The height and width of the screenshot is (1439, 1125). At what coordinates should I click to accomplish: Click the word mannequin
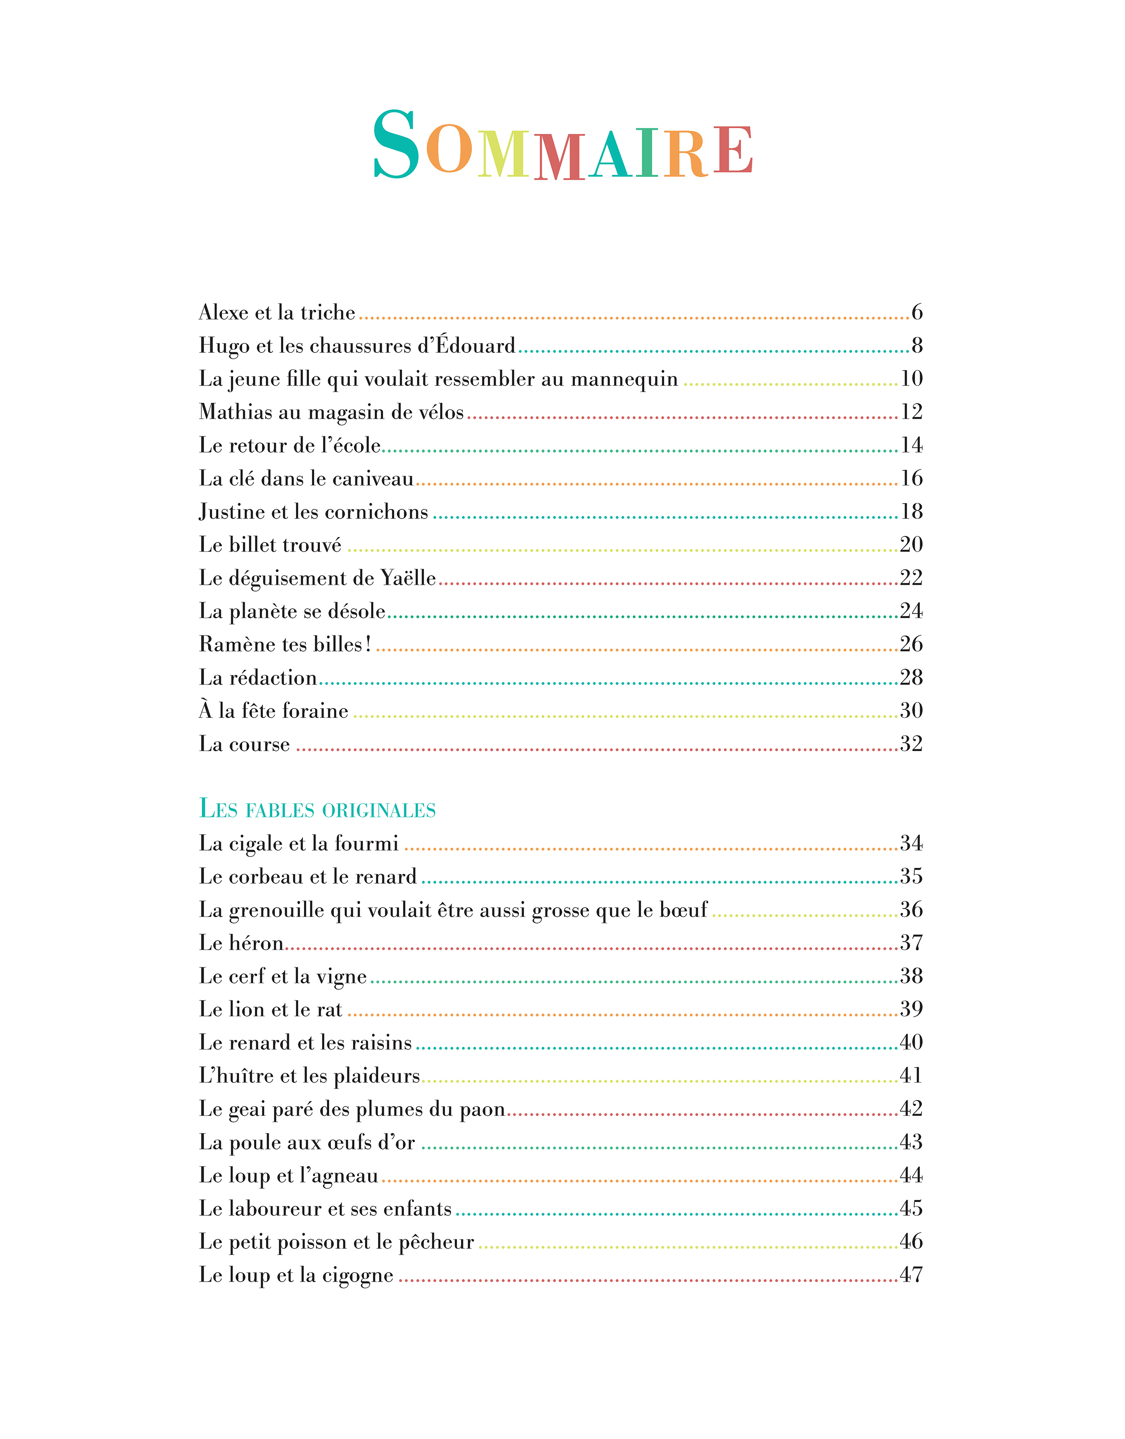tap(624, 379)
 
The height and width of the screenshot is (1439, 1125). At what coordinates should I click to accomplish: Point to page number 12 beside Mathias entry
tap(911, 412)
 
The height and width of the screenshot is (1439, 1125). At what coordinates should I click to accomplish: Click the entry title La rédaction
tap(258, 677)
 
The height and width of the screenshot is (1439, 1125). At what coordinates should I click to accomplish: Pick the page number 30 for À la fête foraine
tap(911, 710)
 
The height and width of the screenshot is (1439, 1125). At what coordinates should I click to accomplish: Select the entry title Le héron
tap(241, 943)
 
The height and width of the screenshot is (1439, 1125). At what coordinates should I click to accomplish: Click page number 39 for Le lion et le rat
tap(911, 1009)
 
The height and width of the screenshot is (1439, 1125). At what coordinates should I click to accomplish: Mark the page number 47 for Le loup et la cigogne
tap(911, 1275)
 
